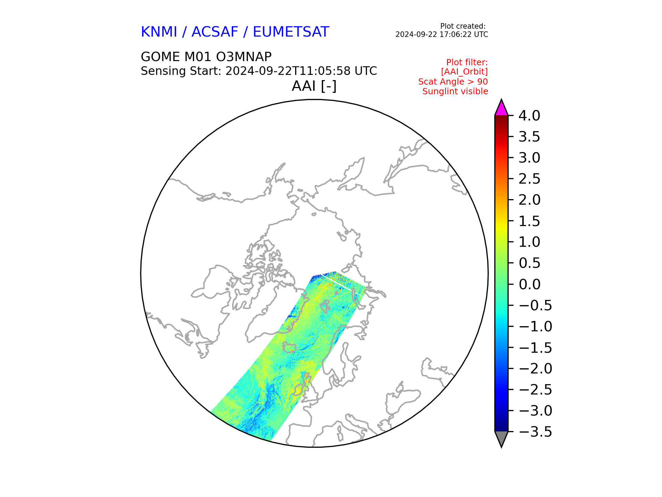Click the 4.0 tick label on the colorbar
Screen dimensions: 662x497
click(529, 116)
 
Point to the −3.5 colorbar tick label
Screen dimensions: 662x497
click(535, 432)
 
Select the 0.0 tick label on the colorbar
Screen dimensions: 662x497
click(529, 284)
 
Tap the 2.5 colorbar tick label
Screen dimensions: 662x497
click(529, 179)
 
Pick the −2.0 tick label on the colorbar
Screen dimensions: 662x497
click(535, 369)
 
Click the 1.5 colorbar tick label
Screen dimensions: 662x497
click(529, 221)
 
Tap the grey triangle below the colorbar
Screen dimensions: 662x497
click(501, 438)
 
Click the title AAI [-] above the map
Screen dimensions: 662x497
click(314, 86)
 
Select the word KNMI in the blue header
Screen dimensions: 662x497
click(159, 32)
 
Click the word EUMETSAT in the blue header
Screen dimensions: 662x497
click(291, 32)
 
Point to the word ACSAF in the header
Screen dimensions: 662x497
click(215, 32)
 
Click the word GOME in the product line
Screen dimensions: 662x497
click(160, 57)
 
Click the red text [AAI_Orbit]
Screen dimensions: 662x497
click(464, 72)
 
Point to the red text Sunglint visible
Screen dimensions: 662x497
click(455, 91)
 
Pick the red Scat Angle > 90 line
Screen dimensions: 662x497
click(453, 82)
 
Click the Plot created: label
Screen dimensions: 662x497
click(463, 26)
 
